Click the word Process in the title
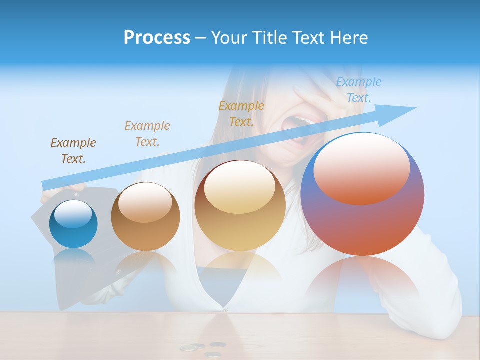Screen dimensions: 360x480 pos(157,38)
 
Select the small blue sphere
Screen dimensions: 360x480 pos(73,224)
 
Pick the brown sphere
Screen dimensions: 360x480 pos(145,217)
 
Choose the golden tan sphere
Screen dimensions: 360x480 pos(240,206)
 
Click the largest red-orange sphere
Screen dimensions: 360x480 pos(362,194)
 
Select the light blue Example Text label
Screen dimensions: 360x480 pos(358,90)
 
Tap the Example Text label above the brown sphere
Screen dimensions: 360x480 pos(147,133)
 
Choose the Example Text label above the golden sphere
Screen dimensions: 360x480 pos(241,113)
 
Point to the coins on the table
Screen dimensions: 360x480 pos(205,348)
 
